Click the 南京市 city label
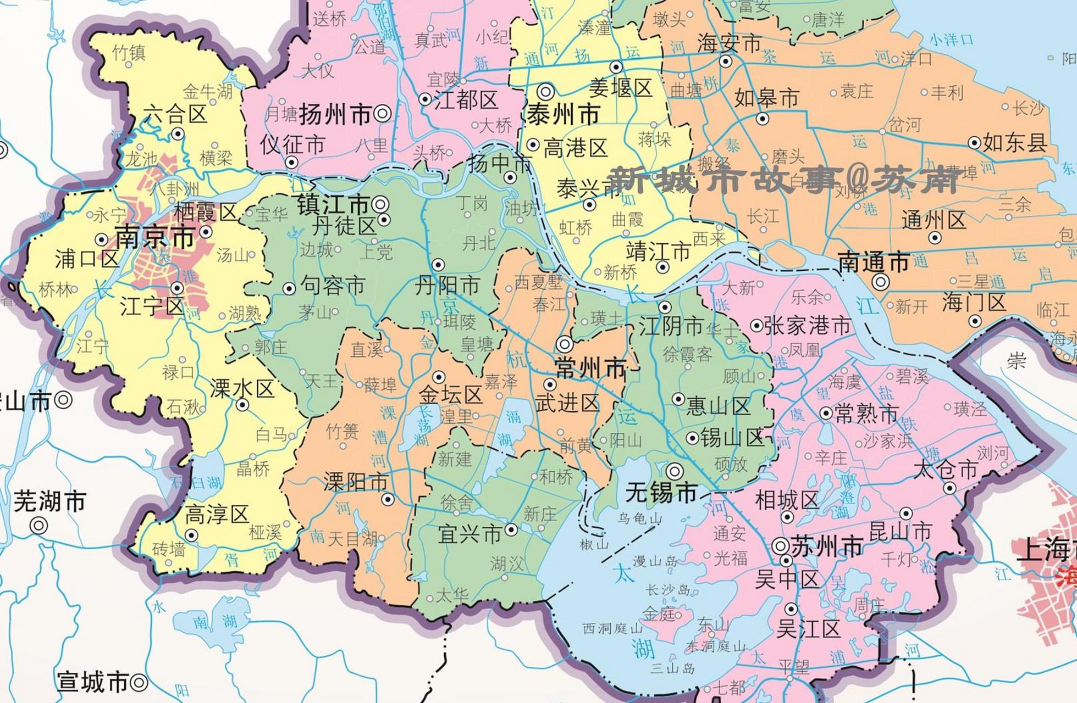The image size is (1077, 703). point(154,237)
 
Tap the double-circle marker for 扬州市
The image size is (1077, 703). point(383,114)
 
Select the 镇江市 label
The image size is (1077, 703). point(333,205)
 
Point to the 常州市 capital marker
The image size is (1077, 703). point(565,344)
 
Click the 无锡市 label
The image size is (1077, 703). point(662,493)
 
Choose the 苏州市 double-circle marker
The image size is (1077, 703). point(781,546)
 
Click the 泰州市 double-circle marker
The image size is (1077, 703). point(545,91)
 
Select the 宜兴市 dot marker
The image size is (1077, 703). point(511,529)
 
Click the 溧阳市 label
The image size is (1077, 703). point(355,482)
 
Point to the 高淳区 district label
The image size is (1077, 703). point(217,515)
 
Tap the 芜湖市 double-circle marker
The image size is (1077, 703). point(38,526)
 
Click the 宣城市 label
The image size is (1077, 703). point(92,683)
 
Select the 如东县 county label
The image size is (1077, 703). point(1014,143)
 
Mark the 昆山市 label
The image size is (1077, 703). point(900,531)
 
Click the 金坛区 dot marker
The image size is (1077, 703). point(439,377)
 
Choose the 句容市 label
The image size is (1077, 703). point(333,286)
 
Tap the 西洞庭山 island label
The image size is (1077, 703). point(612,628)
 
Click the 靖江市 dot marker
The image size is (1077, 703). point(663,267)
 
